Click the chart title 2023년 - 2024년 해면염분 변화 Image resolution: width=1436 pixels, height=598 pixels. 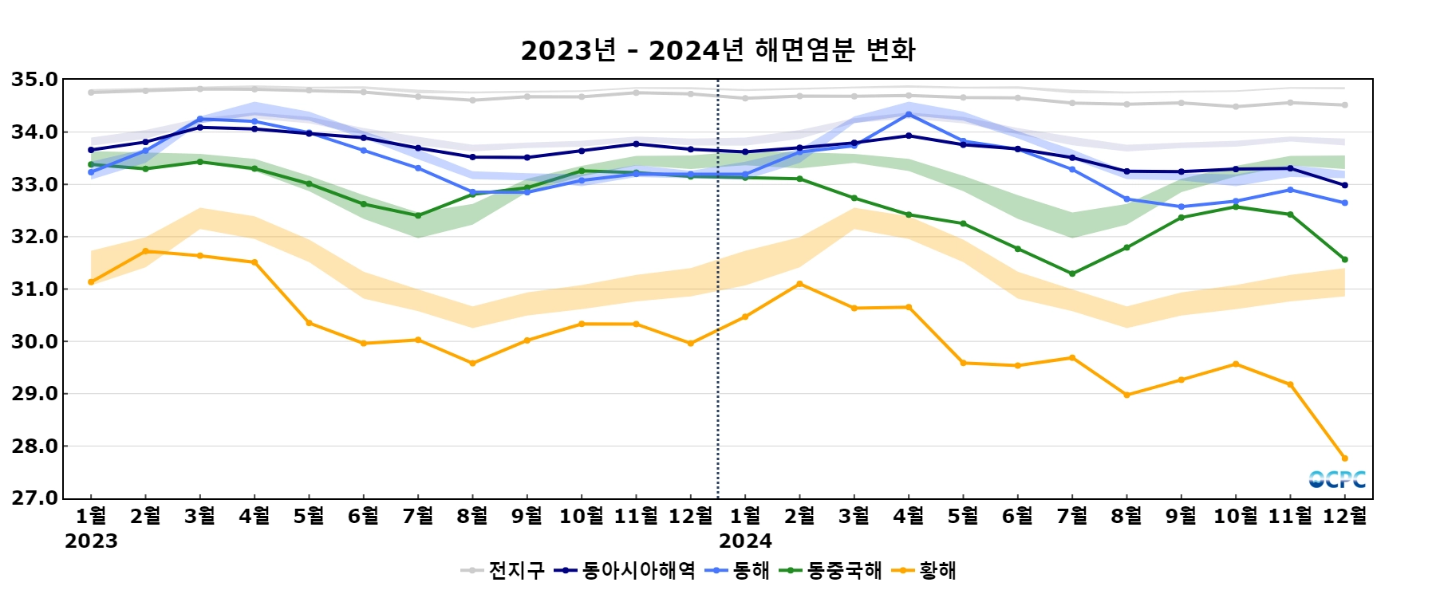click(718, 50)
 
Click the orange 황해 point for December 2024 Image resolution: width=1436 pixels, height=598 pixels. click(1345, 458)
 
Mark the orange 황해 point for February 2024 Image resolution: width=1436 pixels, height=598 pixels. click(799, 284)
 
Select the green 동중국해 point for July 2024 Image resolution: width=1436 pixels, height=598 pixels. click(1072, 273)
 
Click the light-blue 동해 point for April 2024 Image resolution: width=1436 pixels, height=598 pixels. click(909, 114)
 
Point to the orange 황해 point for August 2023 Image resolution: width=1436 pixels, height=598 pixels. click(472, 364)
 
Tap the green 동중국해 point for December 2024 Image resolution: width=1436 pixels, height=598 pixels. click(1345, 259)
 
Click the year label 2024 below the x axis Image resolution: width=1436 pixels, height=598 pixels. click(745, 541)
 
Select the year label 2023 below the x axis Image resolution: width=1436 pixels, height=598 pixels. click(91, 541)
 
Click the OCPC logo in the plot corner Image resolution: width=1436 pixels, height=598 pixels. click(1337, 479)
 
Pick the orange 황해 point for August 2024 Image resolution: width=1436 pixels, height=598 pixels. click(1126, 395)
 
